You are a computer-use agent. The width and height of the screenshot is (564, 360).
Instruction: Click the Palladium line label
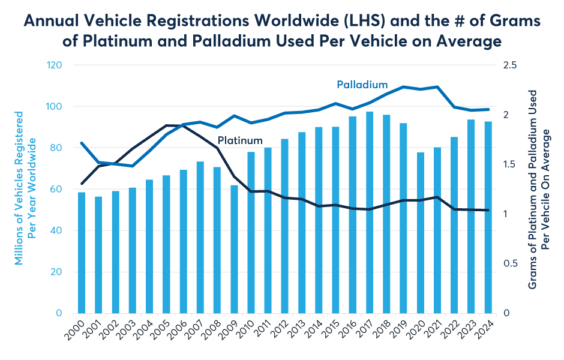(362, 84)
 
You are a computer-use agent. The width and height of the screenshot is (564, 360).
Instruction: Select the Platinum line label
(240, 141)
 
